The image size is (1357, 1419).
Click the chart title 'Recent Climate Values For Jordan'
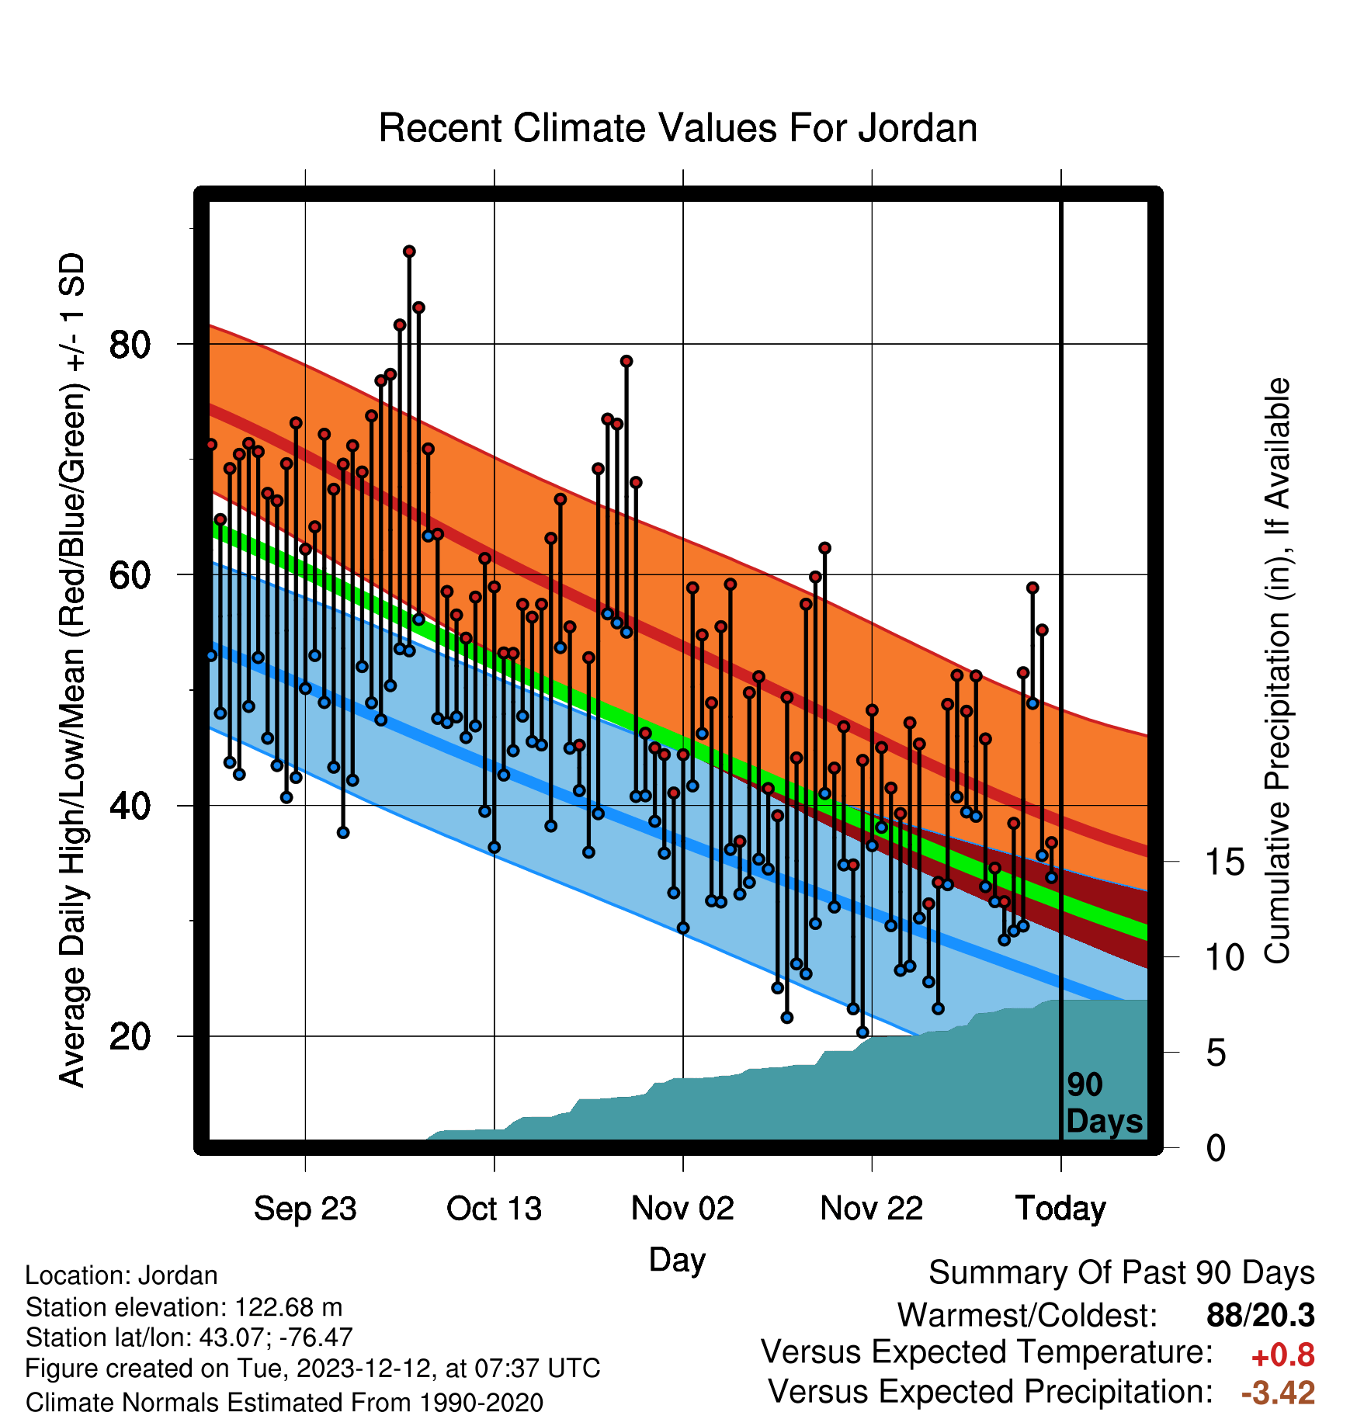coord(678,128)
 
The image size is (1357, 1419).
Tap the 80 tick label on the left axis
coord(130,344)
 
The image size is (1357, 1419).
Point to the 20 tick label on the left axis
coord(130,1036)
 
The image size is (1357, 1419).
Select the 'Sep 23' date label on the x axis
coord(305,1209)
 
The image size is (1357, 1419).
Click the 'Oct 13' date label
coord(494,1209)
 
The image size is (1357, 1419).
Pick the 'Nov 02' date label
coord(682,1209)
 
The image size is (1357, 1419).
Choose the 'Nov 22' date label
coord(872,1209)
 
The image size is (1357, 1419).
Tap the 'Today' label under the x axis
coord(1060,1209)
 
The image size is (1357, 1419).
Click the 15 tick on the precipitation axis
coord(1224,862)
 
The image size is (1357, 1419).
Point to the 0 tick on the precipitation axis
coord(1216,1147)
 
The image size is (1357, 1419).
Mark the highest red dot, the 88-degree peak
coord(409,252)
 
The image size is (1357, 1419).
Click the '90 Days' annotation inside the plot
coord(1104,1103)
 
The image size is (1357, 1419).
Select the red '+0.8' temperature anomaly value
coord(1282,1355)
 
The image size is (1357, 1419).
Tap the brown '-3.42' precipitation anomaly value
coord(1278,1393)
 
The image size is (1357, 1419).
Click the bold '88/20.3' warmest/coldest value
coord(1261,1315)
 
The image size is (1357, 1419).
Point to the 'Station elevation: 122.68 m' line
coord(184,1307)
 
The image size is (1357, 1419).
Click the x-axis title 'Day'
coord(677,1260)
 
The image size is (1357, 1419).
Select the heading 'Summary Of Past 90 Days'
coord(1122,1273)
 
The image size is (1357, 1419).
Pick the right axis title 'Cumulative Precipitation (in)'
coord(1277,671)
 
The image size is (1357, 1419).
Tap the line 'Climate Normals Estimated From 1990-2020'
coord(284,1403)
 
